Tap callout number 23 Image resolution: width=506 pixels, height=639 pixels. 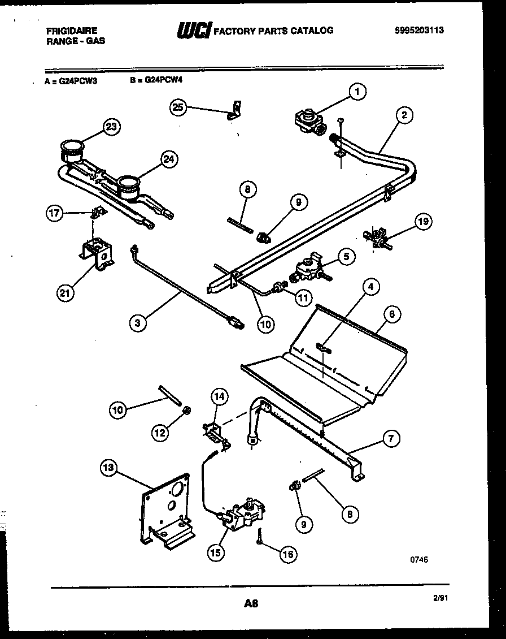[x=112, y=127]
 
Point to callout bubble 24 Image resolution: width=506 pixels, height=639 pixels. [x=168, y=159]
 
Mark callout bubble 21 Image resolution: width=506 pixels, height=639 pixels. [x=66, y=293]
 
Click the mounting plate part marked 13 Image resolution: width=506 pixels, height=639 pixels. [x=167, y=507]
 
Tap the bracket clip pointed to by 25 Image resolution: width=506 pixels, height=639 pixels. [x=235, y=110]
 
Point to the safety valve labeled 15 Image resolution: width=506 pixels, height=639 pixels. [x=243, y=512]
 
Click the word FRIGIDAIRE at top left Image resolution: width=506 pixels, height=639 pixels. [x=71, y=31]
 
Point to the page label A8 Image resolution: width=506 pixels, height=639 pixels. [x=251, y=603]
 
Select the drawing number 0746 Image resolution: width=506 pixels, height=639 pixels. [x=419, y=558]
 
